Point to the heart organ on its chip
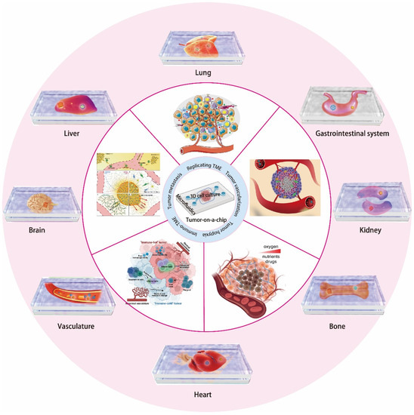point(202,364)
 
